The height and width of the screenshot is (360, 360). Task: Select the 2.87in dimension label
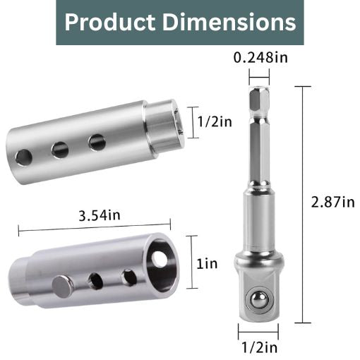pos(332,203)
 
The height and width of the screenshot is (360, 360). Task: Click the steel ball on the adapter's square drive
pos(259,301)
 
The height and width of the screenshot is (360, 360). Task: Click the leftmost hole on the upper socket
pos(25,157)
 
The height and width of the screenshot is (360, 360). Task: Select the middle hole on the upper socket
pos(60,150)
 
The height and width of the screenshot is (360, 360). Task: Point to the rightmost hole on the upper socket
pos(97,142)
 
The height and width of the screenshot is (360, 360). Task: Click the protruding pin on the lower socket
pos(62,287)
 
